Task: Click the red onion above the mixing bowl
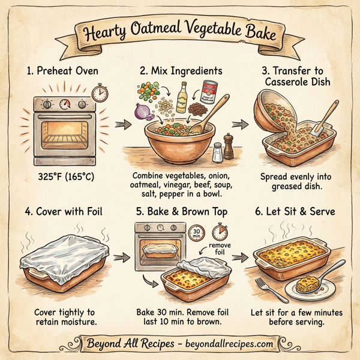[x=142, y=110]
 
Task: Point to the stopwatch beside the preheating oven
[x=100, y=93]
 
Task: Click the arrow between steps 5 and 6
[x=239, y=257]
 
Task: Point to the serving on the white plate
[x=308, y=284]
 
